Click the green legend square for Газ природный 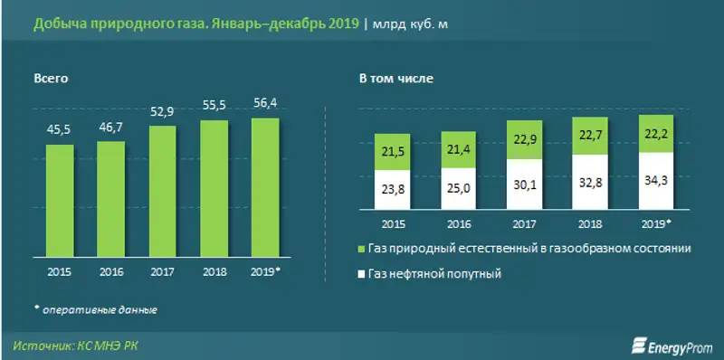(362, 249)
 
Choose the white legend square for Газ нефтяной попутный (362, 272)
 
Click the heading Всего (52, 79)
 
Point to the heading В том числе (395, 79)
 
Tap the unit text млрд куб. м (410, 24)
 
